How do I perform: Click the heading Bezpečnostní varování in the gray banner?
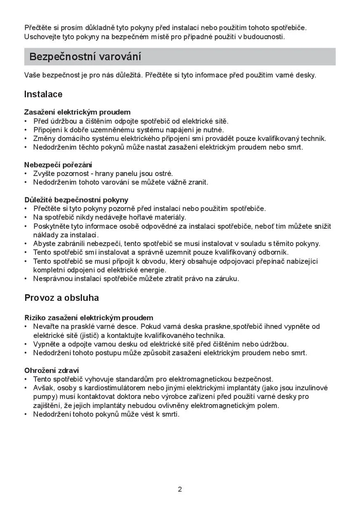(x=85, y=57)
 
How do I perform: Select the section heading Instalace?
(x=43, y=94)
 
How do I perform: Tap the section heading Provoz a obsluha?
(x=61, y=298)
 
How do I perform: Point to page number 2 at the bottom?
(x=180, y=490)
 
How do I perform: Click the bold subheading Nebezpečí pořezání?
(x=58, y=165)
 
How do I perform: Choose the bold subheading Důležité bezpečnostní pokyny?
(x=76, y=200)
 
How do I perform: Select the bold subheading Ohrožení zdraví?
(x=51, y=370)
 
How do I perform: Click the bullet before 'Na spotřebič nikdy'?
(x=26, y=217)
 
